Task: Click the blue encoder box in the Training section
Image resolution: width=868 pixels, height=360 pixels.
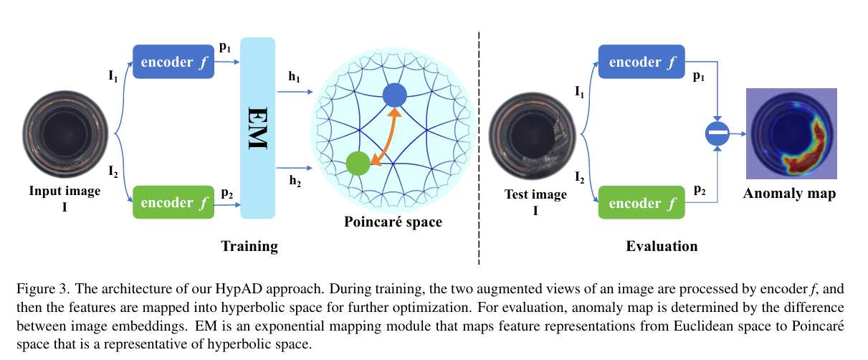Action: (x=169, y=62)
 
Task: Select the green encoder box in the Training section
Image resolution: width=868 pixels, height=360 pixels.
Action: (x=169, y=202)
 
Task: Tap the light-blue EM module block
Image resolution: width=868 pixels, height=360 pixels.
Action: (x=258, y=128)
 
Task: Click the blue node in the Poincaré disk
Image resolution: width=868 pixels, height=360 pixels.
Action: (x=394, y=95)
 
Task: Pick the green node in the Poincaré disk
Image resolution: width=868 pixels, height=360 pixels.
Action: (x=357, y=164)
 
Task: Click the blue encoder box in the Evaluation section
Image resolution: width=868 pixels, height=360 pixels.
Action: (x=642, y=62)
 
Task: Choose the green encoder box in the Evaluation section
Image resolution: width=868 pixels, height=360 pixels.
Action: (x=642, y=202)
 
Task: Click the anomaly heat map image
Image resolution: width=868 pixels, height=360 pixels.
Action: (x=791, y=133)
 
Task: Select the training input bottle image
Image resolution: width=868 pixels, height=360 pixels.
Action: (x=65, y=133)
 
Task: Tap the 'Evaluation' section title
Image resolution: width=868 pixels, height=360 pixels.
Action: (x=662, y=246)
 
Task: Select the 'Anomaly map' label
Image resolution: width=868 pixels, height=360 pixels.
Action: (x=789, y=194)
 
